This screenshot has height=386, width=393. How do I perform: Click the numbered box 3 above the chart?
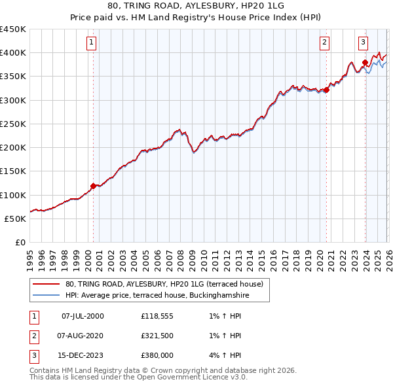click(x=363, y=43)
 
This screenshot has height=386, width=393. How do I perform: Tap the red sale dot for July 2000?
click(x=93, y=186)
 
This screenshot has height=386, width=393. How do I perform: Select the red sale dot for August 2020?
click(x=326, y=90)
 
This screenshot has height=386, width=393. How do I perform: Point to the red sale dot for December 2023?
click(x=365, y=63)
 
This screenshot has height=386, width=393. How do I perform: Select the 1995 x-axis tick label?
click(x=30, y=259)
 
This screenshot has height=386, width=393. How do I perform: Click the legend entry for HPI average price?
click(x=157, y=296)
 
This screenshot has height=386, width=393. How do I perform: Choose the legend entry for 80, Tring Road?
click(x=164, y=284)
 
